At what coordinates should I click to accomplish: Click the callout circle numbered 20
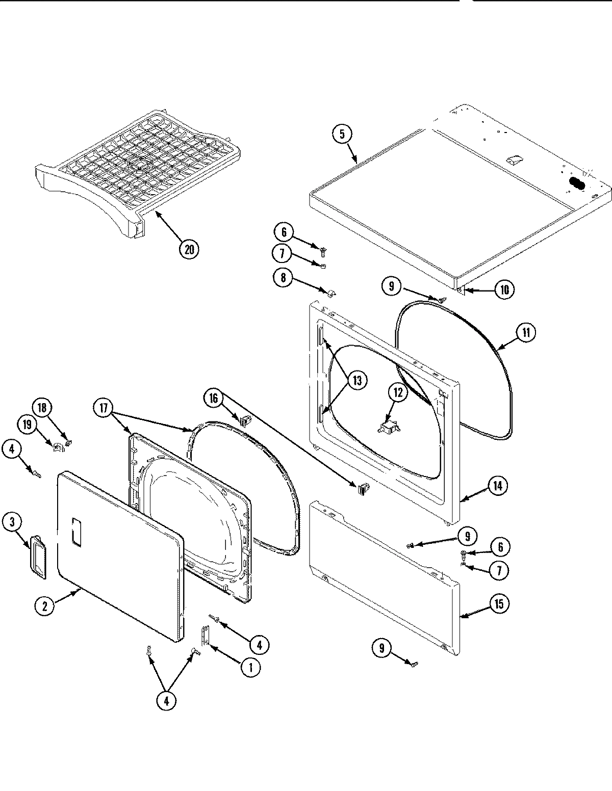point(189,249)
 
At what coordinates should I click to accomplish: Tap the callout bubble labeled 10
point(504,289)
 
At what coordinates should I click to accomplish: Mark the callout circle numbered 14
point(497,486)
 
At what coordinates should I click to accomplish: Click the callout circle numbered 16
point(214,398)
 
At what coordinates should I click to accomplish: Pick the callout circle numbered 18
point(42,408)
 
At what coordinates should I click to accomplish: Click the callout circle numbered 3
point(12,522)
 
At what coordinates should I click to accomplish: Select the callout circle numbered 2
point(45,605)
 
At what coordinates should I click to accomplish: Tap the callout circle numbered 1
point(250,668)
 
